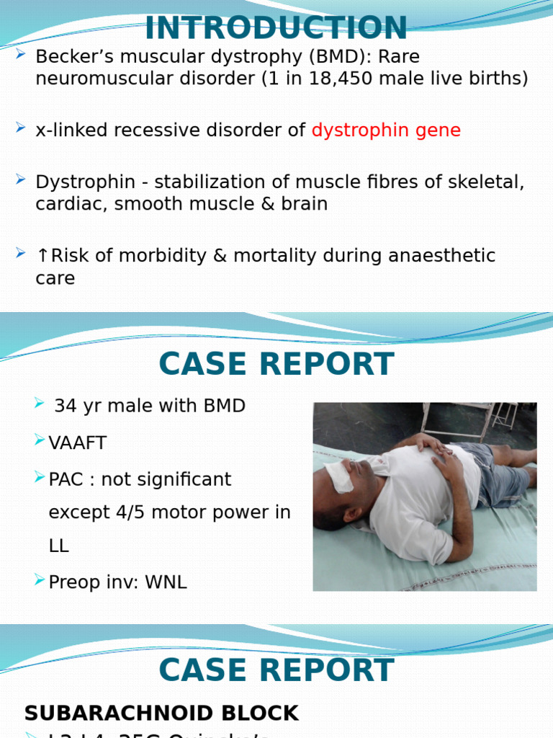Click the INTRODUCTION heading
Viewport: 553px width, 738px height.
tap(276, 28)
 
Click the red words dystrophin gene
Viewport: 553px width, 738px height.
tap(386, 130)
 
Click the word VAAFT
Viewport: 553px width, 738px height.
tap(78, 443)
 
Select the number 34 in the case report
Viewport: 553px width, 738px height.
tap(66, 406)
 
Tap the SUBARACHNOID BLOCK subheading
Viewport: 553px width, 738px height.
tap(161, 713)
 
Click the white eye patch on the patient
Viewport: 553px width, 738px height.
tap(339, 476)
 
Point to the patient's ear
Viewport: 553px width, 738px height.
tap(354, 515)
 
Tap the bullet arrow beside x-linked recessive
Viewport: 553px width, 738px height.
tap(21, 128)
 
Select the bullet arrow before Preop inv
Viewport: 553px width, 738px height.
tap(40, 580)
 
